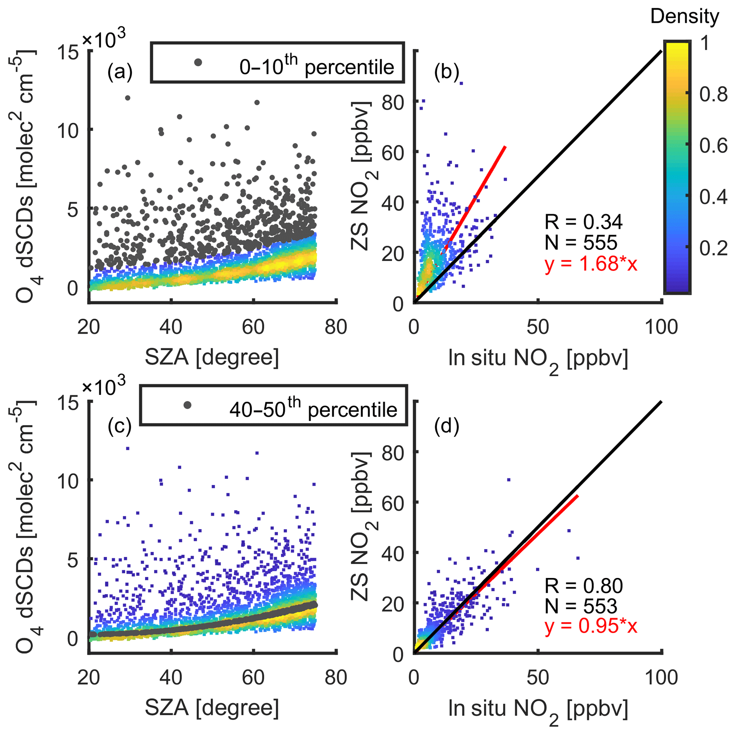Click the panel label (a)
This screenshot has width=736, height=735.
120,72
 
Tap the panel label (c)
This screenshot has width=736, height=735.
119,426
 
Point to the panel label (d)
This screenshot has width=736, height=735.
447,426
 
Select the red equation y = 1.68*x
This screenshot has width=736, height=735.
591,264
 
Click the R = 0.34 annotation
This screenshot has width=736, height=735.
583,222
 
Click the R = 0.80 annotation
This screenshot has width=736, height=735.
583,586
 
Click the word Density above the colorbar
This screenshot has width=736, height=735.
685,17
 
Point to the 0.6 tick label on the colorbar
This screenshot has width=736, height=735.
713,146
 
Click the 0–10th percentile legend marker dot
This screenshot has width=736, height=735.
198,62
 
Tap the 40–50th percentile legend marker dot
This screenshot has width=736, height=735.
187,405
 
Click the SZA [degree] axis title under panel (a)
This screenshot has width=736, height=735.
212,358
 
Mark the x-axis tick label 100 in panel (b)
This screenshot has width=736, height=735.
661,327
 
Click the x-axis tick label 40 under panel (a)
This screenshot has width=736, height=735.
171,327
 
